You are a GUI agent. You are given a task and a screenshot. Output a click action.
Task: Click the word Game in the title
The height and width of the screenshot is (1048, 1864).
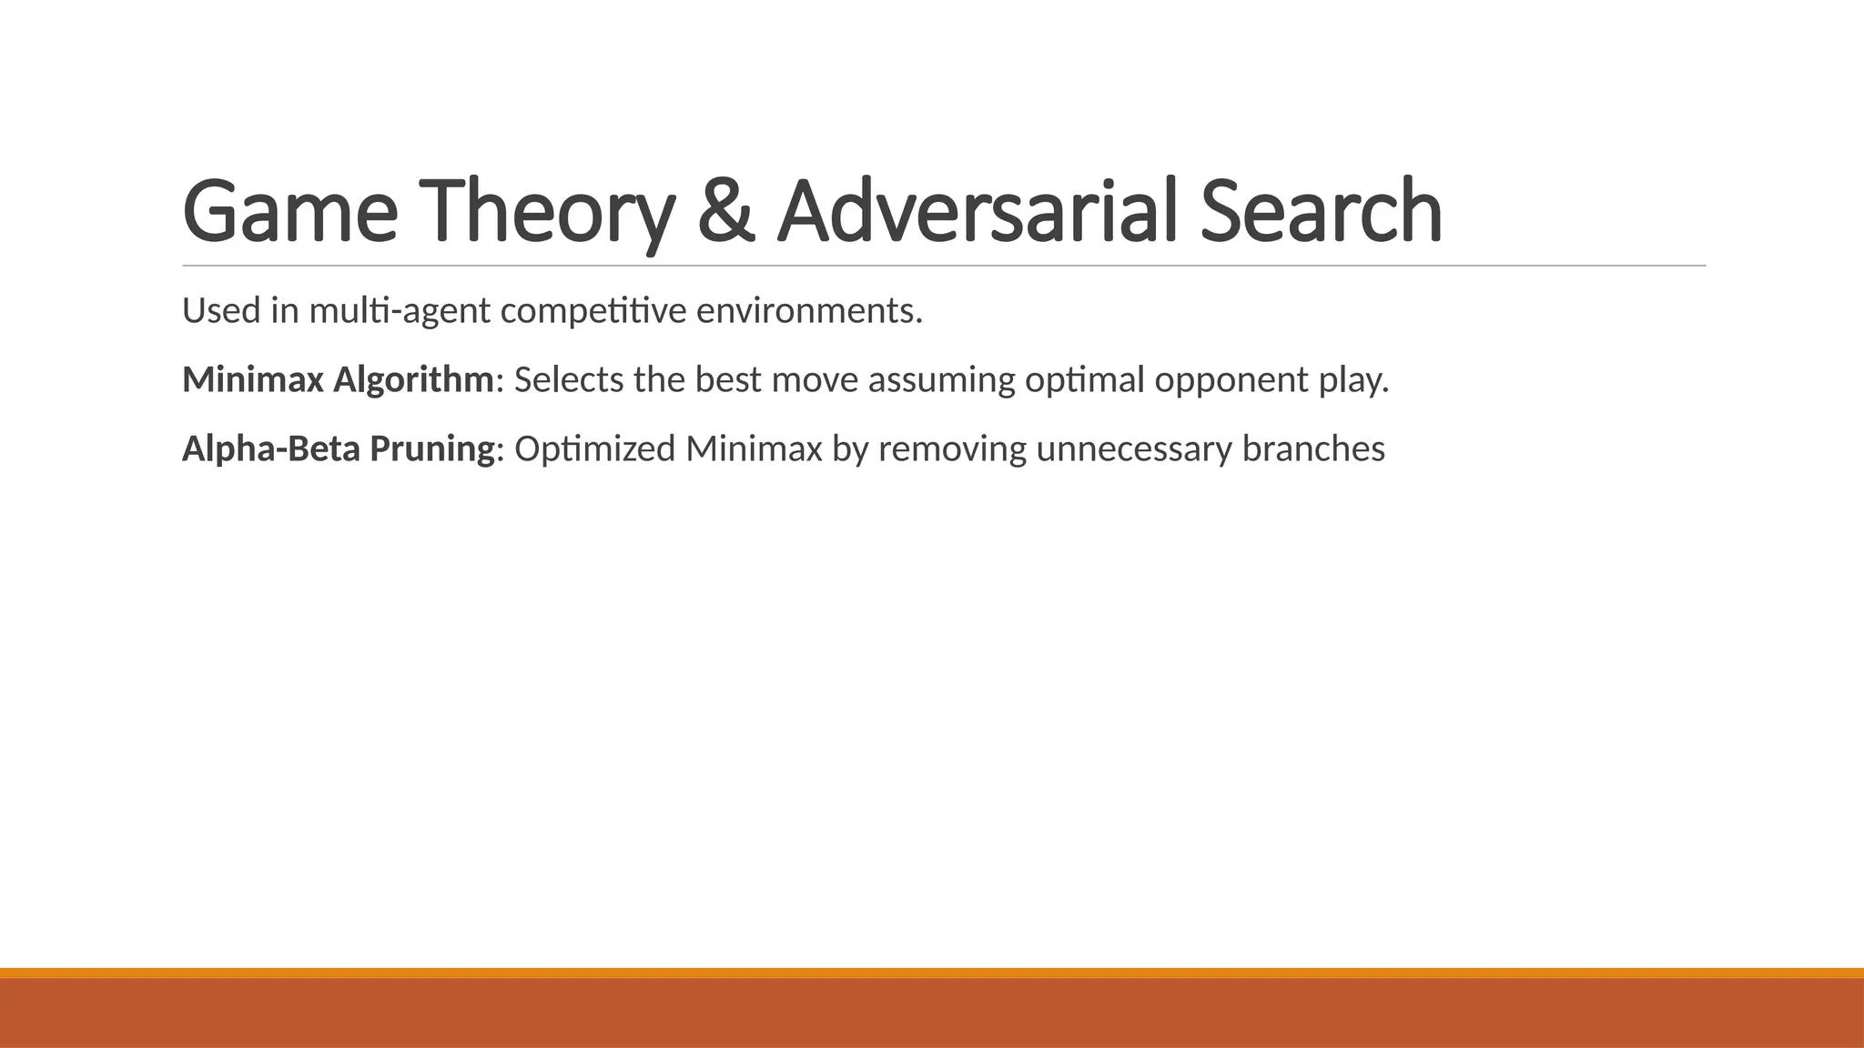289,213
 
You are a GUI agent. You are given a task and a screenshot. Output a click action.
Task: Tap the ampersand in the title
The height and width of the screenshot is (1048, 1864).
727,213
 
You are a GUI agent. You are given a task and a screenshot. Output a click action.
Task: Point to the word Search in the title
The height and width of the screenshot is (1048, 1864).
1321,213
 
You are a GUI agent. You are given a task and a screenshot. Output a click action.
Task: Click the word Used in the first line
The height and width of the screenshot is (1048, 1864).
221,311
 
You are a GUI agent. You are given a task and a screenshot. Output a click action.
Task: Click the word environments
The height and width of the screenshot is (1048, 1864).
809,311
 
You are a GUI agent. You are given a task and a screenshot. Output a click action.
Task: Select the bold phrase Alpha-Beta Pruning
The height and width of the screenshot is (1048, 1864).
338,449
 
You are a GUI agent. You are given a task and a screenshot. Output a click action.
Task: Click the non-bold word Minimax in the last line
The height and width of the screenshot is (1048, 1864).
754,449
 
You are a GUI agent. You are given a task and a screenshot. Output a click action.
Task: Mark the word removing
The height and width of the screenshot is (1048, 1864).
952,449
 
